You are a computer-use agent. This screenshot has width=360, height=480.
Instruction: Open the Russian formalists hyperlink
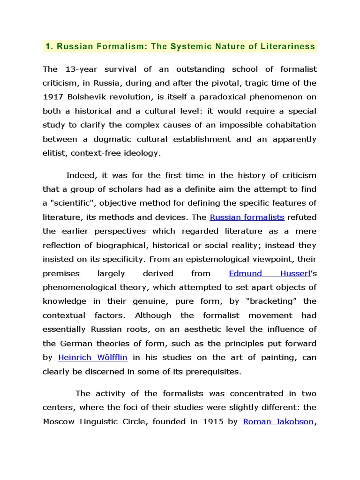[x=247, y=217]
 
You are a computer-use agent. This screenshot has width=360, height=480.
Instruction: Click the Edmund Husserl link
[x=270, y=273]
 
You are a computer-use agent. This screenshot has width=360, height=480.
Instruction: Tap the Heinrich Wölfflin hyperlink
[x=93, y=357]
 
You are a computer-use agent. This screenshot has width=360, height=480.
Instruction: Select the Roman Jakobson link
[x=278, y=421]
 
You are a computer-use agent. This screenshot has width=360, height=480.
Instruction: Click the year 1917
[x=52, y=97]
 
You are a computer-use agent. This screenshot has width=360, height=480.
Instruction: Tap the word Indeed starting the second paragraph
[x=80, y=175]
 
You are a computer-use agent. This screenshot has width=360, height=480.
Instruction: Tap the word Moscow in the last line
[x=59, y=421]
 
